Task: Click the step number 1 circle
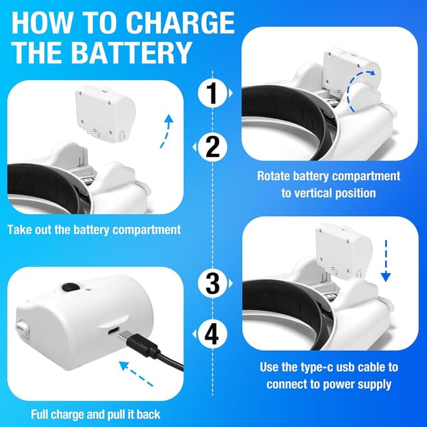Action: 212,93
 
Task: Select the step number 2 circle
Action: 212,146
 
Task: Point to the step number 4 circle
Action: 212,333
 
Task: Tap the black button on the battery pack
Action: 68,288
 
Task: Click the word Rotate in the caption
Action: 276,176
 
